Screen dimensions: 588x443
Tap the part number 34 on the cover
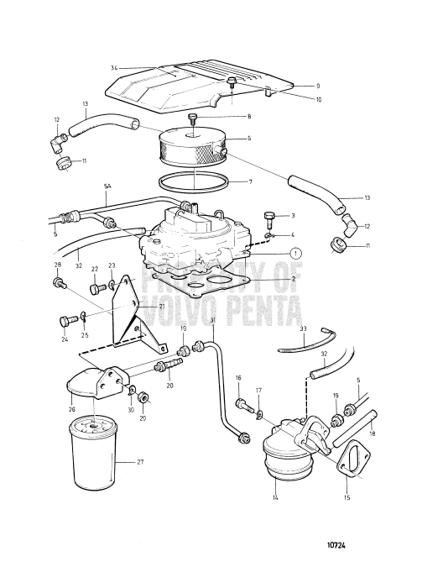[113, 66]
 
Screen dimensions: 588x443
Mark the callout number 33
[303, 328]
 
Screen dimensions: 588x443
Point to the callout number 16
[238, 379]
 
